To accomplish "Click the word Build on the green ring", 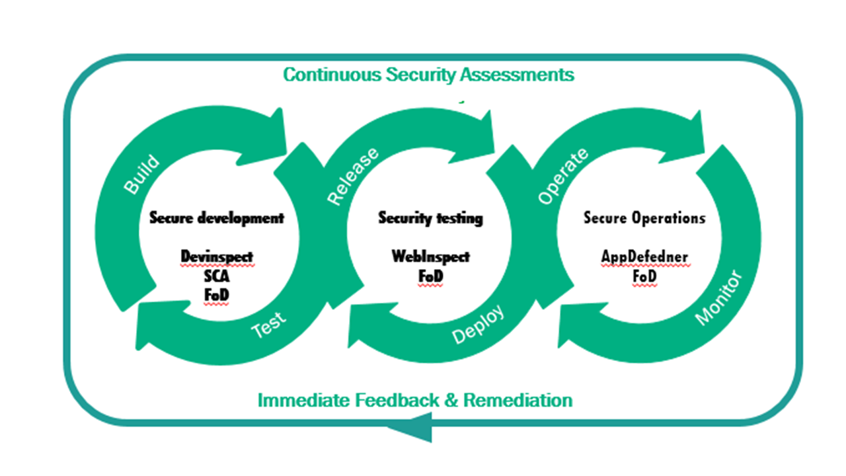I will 141,175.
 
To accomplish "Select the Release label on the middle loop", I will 354,176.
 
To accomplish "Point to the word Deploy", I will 478,325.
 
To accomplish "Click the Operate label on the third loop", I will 562,176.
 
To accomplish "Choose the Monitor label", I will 719,298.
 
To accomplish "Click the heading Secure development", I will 217,218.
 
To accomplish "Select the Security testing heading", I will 430,218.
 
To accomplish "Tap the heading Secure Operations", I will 644,218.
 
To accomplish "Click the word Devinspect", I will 217,256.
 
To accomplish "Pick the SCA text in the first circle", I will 217,276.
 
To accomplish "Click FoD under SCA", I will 217,296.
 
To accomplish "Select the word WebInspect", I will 430,256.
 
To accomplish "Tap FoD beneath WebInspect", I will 430,276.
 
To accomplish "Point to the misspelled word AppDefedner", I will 644,256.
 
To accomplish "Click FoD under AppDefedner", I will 644,276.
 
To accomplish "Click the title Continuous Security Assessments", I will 428,75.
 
